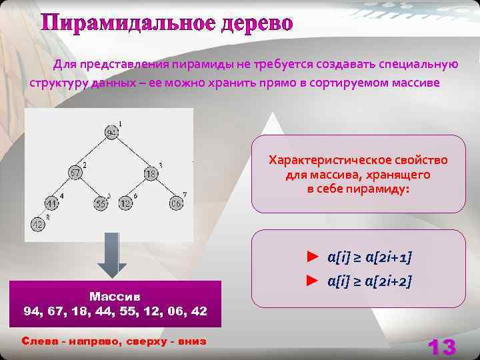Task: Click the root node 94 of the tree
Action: pyautogui.click(x=111, y=133)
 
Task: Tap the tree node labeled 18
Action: pyautogui.click(x=151, y=174)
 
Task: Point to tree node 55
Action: pyautogui.click(x=101, y=204)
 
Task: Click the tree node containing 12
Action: pyautogui.click(x=125, y=204)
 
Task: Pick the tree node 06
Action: pyautogui.click(x=175, y=203)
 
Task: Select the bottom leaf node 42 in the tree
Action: pyautogui.click(x=38, y=225)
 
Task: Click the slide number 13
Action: pyautogui.click(x=441, y=347)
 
